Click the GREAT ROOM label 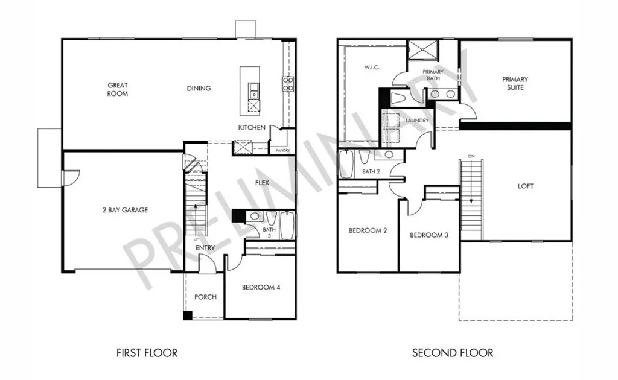pyautogui.click(x=118, y=89)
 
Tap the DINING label pyautogui.click(x=199, y=89)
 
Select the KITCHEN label pyautogui.click(x=252, y=128)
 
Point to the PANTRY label pyautogui.click(x=282, y=150)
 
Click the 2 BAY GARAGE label pyautogui.click(x=124, y=210)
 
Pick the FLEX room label pyautogui.click(x=262, y=183)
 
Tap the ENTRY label pyautogui.click(x=205, y=248)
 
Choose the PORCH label pyautogui.click(x=205, y=297)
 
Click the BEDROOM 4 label pyautogui.click(x=261, y=288)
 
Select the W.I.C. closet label pyautogui.click(x=372, y=67)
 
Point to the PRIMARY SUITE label pyautogui.click(x=515, y=83)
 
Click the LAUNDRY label pyautogui.click(x=417, y=121)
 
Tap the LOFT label pyautogui.click(x=526, y=186)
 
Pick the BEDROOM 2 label pyautogui.click(x=368, y=230)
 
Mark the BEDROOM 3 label pyautogui.click(x=429, y=235)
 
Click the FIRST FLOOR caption pyautogui.click(x=147, y=352)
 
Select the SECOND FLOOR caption pyautogui.click(x=453, y=352)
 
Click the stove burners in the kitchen pyautogui.click(x=288, y=84)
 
